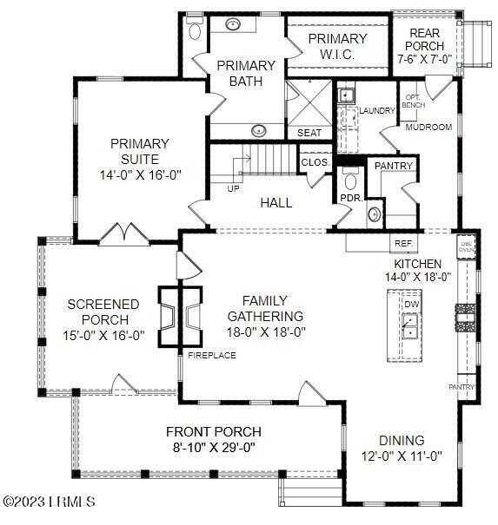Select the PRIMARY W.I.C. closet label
(x=338, y=45)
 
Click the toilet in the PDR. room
(x=351, y=180)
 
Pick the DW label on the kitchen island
(x=411, y=305)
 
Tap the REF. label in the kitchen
(x=403, y=244)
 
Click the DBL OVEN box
(x=467, y=245)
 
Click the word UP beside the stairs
(x=234, y=188)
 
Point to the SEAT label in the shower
(x=309, y=133)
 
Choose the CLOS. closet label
(x=314, y=162)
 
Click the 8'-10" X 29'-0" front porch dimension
(x=214, y=448)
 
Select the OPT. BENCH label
(x=413, y=101)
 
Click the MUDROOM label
(x=430, y=127)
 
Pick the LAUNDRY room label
(x=376, y=110)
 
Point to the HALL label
(x=276, y=203)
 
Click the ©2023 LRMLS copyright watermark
(x=50, y=502)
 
